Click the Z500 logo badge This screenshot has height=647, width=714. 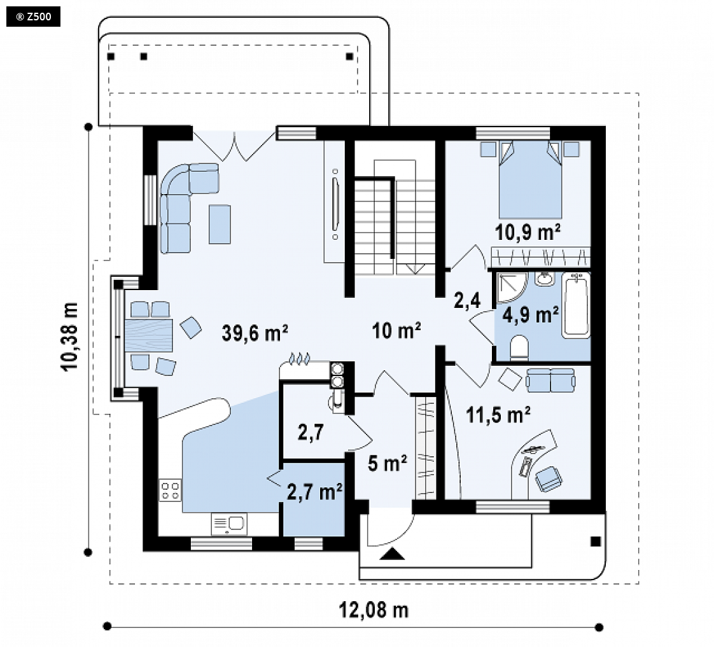33,17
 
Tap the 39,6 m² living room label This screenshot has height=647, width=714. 255,332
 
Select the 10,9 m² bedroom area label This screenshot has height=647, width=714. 528,232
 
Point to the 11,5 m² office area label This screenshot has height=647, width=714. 498,415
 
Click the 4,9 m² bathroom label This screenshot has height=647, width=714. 531,315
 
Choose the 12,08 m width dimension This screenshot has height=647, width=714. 374,609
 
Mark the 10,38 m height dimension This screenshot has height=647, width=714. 71,337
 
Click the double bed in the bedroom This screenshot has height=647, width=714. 530,179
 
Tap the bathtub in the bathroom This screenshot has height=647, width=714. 576,305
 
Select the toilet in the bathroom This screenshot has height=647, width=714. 519,349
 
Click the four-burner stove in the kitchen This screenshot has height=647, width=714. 170,490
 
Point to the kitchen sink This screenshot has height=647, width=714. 229,524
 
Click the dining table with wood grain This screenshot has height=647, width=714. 148,335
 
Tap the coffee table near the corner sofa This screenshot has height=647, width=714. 220,224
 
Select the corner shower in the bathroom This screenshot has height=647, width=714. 510,288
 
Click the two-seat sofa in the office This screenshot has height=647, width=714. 550,380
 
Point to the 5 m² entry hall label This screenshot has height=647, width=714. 388,464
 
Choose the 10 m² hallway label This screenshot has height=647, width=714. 396,331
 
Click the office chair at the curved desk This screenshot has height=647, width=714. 549,479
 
